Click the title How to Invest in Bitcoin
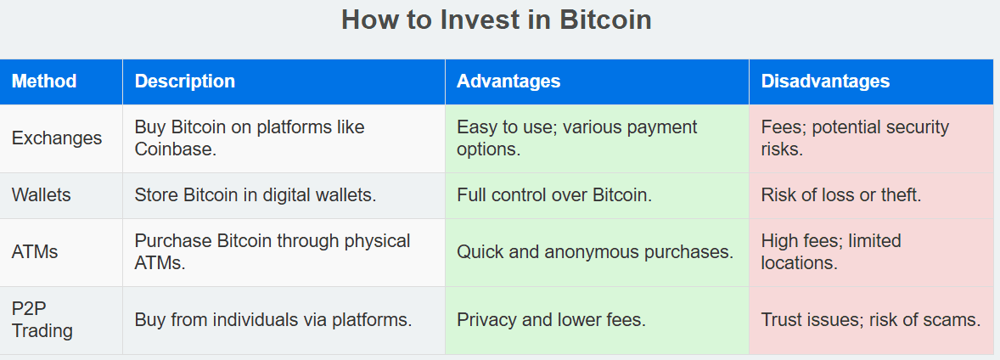click(x=496, y=20)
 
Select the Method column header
click(x=44, y=81)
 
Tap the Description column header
click(x=185, y=81)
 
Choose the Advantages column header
click(x=509, y=81)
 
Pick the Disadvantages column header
click(x=825, y=81)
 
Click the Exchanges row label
click(x=57, y=138)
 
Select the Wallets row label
click(x=42, y=195)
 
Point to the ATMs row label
click(x=35, y=252)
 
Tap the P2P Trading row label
click(x=42, y=320)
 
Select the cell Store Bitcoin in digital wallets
click(x=256, y=195)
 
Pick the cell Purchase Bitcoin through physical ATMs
click(x=272, y=252)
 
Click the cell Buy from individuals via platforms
click(x=273, y=320)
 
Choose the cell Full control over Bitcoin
click(x=554, y=195)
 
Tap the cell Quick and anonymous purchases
click(x=595, y=252)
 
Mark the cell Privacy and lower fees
click(x=552, y=320)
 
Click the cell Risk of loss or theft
click(x=841, y=195)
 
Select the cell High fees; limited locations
click(x=831, y=252)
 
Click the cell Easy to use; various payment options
click(x=577, y=138)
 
